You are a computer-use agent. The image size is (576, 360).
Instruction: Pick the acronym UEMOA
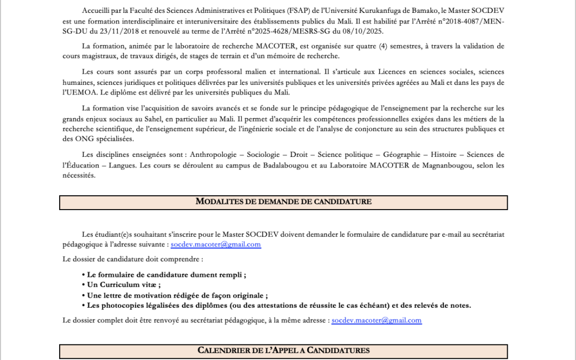coord(79,92)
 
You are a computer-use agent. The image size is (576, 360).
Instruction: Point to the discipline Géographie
coord(402,155)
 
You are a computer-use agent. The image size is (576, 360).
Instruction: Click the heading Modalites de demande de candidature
coord(283,202)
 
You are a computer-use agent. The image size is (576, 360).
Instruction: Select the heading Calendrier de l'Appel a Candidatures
coord(283,350)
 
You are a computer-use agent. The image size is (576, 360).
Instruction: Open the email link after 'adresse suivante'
coord(215,244)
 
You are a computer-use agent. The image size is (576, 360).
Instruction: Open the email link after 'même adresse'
coord(377,321)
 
